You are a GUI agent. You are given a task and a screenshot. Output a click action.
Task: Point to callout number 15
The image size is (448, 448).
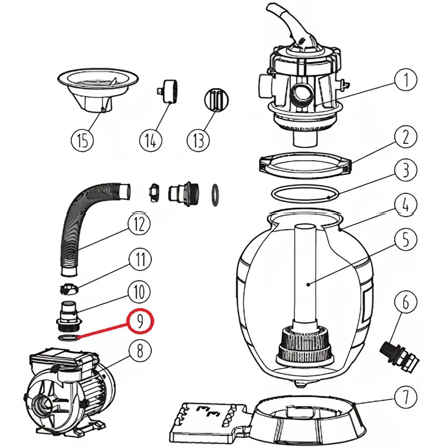point(83,140)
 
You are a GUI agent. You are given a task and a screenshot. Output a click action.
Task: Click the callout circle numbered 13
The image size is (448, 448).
point(198,140)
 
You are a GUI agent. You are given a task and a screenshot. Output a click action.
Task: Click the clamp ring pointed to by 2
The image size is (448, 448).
point(305,164)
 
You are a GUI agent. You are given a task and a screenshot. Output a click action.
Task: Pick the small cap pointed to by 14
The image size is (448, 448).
point(167,91)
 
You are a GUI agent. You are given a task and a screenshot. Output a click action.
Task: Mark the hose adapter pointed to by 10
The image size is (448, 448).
point(69,316)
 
